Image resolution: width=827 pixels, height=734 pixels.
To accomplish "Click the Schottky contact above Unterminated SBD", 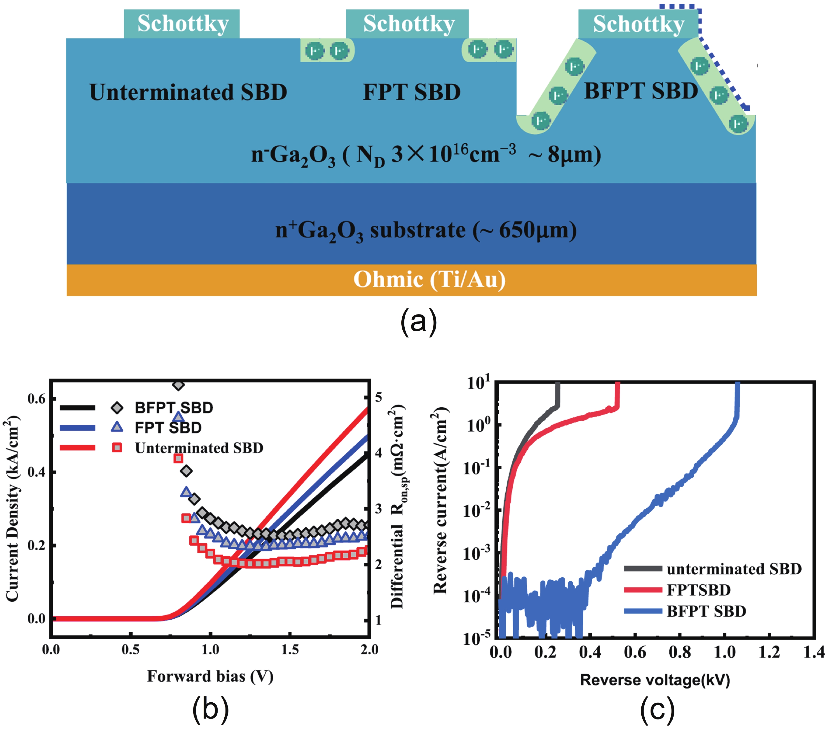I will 182,24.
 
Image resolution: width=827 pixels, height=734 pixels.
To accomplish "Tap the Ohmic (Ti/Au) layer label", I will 429,279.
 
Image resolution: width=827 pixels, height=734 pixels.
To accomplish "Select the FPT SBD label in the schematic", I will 411,92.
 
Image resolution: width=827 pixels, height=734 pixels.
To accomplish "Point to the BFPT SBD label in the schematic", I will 641,91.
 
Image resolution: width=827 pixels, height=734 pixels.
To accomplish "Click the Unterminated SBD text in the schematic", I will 188,92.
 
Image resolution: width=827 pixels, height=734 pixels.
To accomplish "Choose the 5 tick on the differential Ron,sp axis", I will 378,397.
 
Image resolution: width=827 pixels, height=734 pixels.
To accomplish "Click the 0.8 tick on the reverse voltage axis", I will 680,652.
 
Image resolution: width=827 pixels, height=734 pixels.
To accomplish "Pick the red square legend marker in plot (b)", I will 117,448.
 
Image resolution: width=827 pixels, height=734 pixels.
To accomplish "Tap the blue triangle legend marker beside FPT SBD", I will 117,427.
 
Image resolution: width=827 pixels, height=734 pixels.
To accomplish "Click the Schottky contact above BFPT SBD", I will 639,24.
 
